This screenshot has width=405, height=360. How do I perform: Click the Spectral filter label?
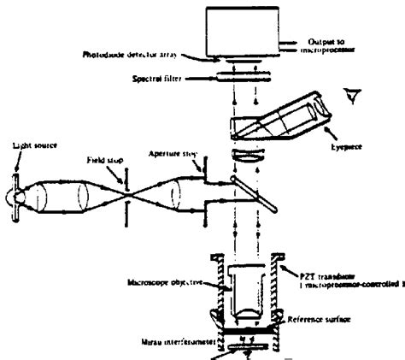coord(158,79)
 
